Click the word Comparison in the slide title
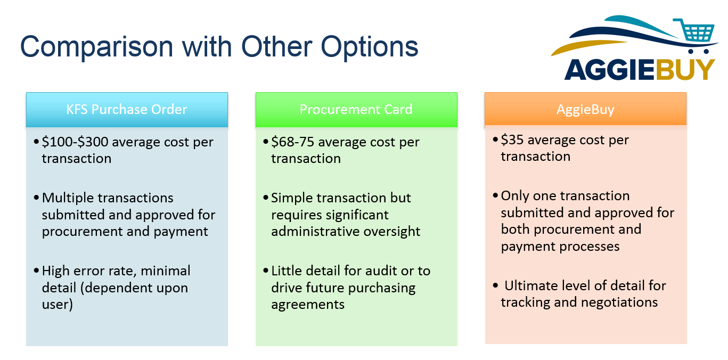pos(97,47)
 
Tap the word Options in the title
pos(370,47)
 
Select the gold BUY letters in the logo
pos(684,69)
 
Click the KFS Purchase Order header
pos(127,110)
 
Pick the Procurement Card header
pos(356,110)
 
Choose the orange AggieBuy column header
pos(585,109)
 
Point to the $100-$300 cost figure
pos(75,142)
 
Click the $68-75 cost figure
pos(292,142)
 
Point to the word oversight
pos(391,231)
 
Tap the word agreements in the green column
pos(308,305)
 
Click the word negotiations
pos(619,302)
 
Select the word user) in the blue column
pos(57,305)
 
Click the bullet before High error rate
pos(36,271)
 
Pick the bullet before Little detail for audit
pos(266,271)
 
